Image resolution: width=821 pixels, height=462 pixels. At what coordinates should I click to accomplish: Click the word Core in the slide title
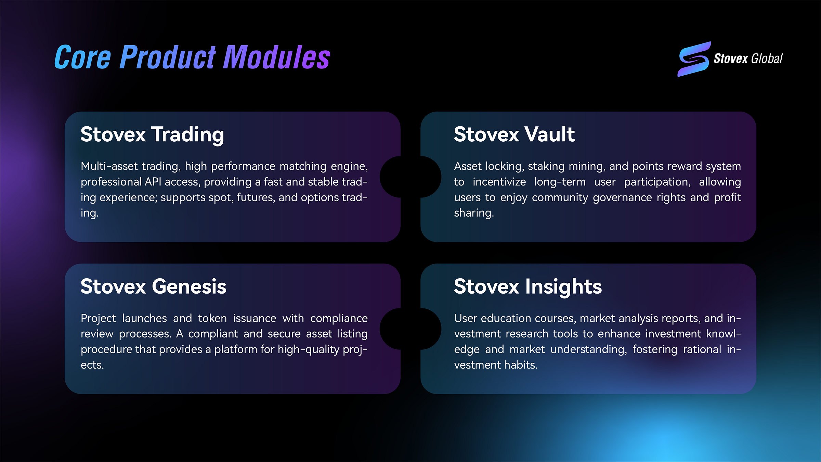pos(83,57)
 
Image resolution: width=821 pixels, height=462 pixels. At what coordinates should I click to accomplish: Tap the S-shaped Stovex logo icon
pos(694,59)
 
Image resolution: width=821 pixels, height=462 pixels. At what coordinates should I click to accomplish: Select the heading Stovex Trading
pos(152,134)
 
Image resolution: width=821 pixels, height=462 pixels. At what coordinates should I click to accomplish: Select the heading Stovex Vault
pos(514,134)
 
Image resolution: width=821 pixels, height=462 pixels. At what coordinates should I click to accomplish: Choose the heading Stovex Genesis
pos(153,286)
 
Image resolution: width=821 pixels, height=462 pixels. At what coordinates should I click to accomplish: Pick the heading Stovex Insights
pos(527,286)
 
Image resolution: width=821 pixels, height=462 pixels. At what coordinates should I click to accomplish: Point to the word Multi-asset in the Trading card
pos(109,166)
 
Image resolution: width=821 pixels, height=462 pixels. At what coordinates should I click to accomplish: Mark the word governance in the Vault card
pos(622,197)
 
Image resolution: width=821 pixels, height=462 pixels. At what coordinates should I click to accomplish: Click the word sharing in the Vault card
pos(473,213)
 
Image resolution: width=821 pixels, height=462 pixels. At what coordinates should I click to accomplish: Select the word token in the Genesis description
pos(212,318)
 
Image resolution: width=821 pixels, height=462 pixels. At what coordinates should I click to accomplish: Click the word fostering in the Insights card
pos(654,349)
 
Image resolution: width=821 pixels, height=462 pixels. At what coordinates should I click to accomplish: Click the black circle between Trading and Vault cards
pos(410,177)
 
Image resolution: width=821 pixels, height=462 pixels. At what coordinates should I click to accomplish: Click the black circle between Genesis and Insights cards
pos(410,329)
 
